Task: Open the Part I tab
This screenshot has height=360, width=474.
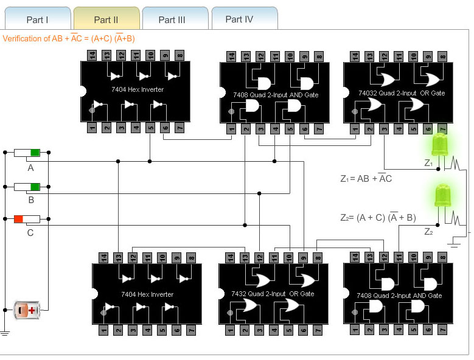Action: (x=37, y=19)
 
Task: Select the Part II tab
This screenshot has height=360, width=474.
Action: (x=106, y=19)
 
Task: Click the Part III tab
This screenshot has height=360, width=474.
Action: (x=172, y=19)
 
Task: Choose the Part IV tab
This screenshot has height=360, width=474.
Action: (x=239, y=19)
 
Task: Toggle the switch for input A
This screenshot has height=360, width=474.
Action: (x=27, y=153)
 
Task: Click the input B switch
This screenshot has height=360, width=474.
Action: (x=27, y=186)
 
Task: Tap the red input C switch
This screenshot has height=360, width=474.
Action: (x=27, y=219)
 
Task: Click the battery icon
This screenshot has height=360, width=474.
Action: (x=27, y=310)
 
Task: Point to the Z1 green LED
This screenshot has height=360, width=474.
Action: (x=439, y=145)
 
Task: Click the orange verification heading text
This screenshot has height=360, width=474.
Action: (x=69, y=38)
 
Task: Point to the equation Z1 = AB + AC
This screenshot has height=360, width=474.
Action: (x=366, y=179)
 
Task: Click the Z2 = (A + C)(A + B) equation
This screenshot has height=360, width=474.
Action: (x=378, y=217)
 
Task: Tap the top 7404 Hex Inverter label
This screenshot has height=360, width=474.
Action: (x=138, y=89)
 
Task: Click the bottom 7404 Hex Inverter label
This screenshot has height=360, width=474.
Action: (x=147, y=294)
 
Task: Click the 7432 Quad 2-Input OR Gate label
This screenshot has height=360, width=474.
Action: (x=273, y=294)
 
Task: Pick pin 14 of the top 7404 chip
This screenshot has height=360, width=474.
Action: (x=92, y=55)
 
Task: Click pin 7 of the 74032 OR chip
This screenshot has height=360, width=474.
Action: (x=442, y=128)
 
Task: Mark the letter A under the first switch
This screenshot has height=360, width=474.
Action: (x=30, y=168)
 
